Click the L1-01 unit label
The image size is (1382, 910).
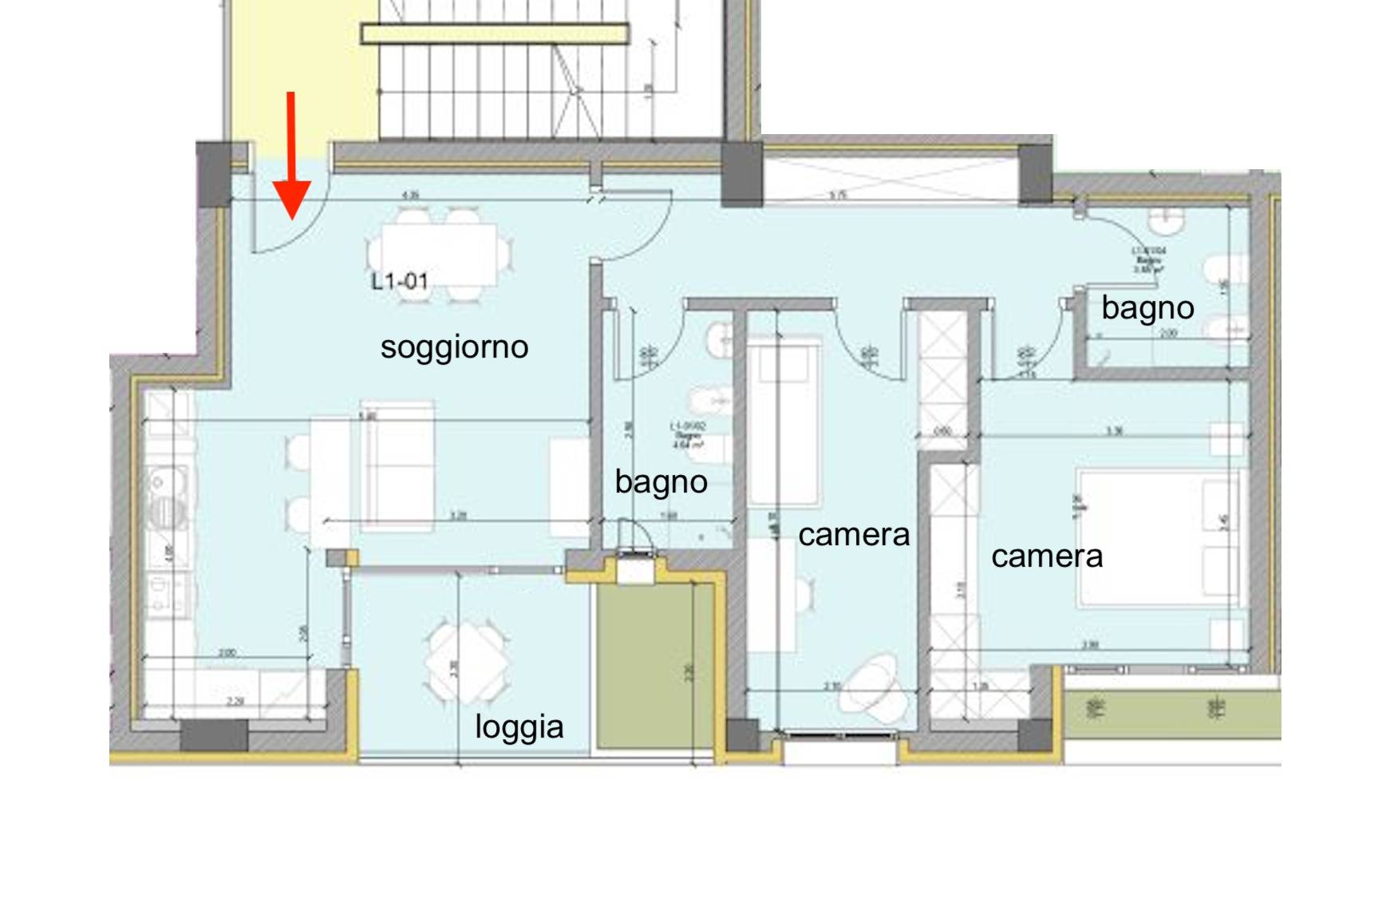(400, 281)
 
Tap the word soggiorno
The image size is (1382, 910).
(454, 347)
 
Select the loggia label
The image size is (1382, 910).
(519, 727)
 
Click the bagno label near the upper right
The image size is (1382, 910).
(1147, 308)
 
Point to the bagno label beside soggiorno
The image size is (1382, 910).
(661, 482)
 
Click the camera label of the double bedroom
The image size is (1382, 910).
(1047, 556)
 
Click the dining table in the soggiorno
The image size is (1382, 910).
(438, 253)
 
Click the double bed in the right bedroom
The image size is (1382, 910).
(1157, 539)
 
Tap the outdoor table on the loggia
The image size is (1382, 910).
(466, 662)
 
